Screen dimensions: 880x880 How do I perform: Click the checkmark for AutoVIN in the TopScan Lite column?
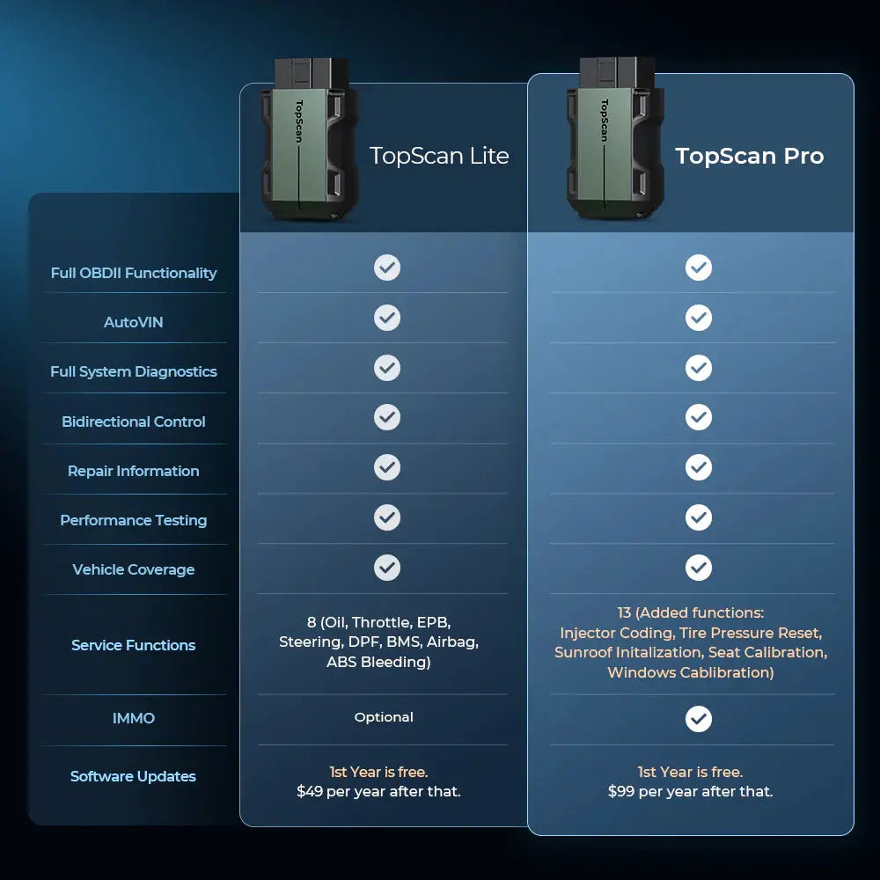(387, 318)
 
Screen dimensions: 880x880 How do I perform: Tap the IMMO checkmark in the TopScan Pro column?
(699, 719)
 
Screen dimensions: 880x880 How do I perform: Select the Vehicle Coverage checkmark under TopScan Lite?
(387, 568)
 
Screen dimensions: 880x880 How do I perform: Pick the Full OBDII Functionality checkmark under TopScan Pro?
(699, 268)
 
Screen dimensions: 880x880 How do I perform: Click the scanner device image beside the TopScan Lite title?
(310, 139)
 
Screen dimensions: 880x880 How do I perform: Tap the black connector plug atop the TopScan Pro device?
(617, 73)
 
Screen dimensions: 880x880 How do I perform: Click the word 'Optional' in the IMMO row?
(384, 717)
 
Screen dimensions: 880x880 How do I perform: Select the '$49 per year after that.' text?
(378, 791)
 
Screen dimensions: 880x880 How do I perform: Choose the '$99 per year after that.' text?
(690, 791)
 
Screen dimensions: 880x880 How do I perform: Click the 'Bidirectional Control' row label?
(134, 422)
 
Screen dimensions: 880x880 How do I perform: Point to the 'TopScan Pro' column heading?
(749, 156)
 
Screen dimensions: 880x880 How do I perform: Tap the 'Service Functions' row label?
(134, 645)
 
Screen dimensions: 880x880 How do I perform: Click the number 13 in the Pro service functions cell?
(624, 612)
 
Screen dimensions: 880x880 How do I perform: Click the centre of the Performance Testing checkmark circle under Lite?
(387, 517)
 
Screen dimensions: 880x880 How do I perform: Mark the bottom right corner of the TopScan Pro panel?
(854, 835)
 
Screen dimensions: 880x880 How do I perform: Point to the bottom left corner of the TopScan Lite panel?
(240, 826)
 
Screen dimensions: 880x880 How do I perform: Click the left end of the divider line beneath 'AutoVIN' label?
(42, 343)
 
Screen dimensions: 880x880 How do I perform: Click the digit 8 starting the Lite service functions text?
(312, 622)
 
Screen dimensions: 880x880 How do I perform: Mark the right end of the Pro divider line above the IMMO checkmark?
(835, 695)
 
